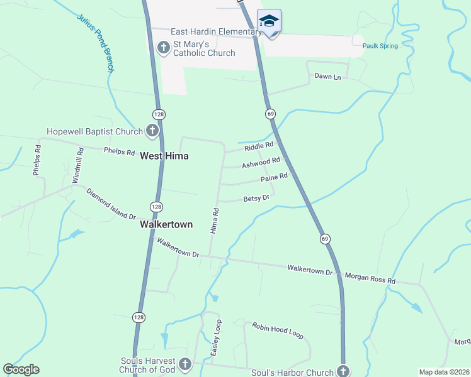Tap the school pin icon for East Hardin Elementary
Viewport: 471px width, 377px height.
(x=270, y=21)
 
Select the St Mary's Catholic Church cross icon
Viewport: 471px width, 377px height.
(x=164, y=48)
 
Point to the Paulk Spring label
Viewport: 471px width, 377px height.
(x=380, y=46)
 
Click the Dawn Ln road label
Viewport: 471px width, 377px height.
(x=327, y=77)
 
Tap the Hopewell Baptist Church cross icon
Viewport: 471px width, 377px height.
(x=152, y=131)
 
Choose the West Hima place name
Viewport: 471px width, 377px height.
(x=164, y=155)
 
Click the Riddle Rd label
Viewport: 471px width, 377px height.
(x=259, y=146)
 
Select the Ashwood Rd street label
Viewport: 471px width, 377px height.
(x=261, y=163)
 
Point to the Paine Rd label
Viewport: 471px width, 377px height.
(x=274, y=179)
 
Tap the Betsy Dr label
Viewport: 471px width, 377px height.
(x=256, y=199)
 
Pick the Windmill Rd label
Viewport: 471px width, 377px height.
(x=78, y=165)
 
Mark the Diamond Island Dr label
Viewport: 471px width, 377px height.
(x=111, y=204)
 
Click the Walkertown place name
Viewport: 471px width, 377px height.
(x=166, y=224)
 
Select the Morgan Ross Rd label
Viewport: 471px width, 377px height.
(x=370, y=277)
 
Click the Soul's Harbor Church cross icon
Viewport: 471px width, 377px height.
(x=343, y=371)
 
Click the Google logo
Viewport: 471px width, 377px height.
(x=21, y=369)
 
